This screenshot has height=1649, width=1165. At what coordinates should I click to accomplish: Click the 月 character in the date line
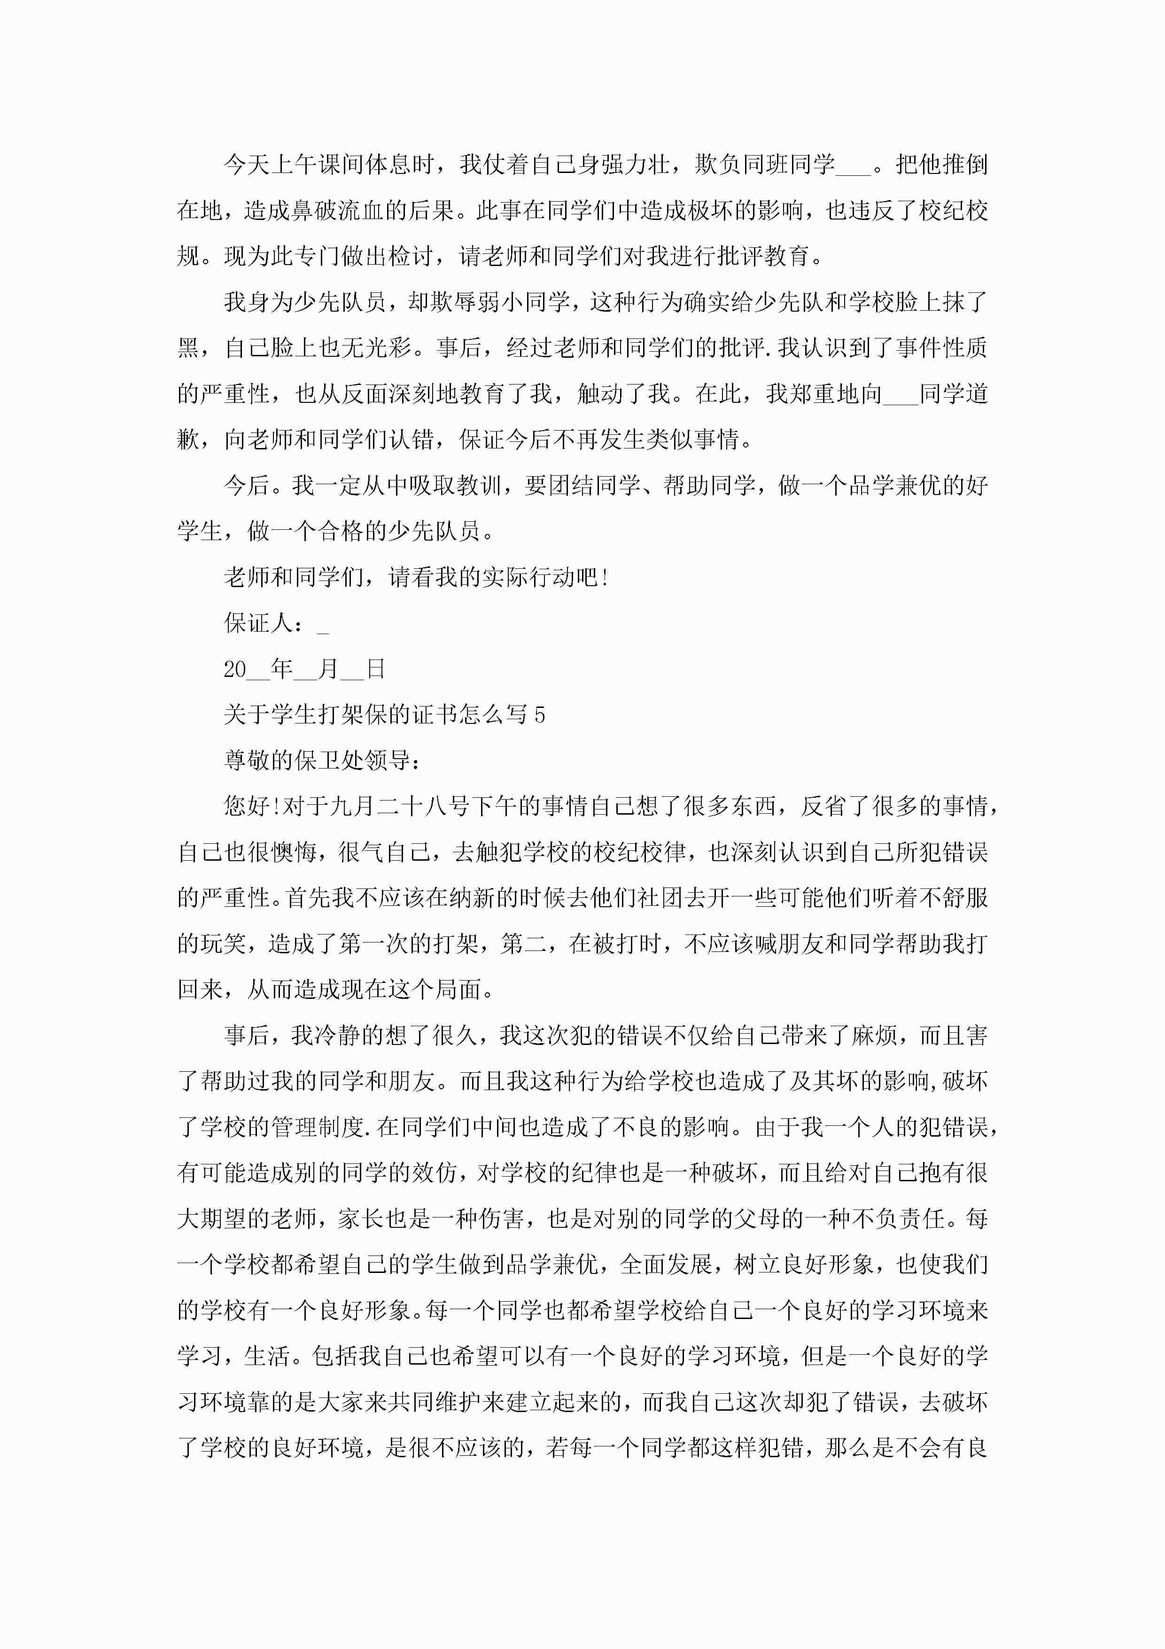point(328,669)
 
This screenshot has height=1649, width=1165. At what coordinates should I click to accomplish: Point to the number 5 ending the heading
point(540,715)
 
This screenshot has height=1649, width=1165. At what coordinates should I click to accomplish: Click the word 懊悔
point(294,853)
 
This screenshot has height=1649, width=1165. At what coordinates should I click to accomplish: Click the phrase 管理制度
point(318,1128)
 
